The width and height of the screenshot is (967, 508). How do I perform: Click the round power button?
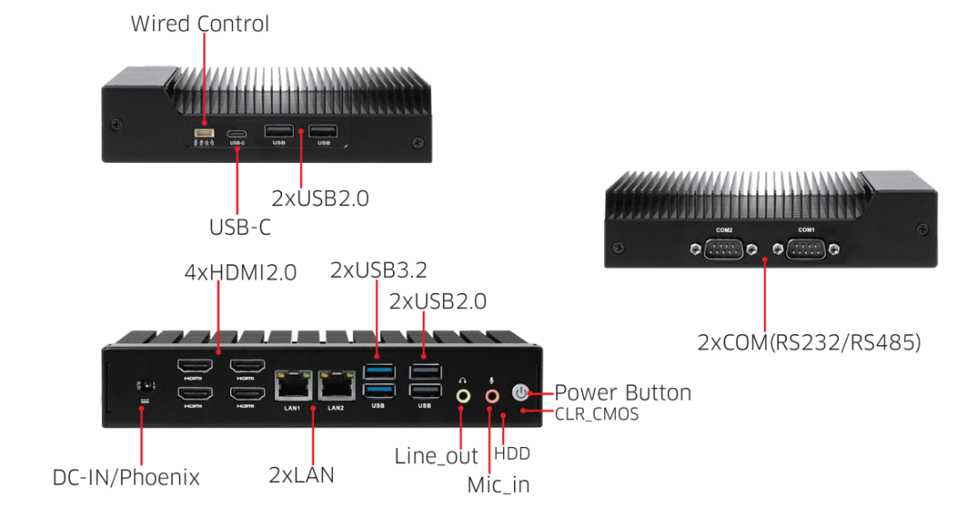click(521, 392)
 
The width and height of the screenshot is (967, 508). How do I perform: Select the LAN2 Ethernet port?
click(335, 387)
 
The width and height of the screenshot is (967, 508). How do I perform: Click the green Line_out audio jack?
click(463, 395)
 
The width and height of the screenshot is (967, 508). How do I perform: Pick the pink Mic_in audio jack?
click(491, 395)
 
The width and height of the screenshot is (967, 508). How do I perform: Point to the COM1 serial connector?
click(806, 249)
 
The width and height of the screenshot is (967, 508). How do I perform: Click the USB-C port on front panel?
click(237, 133)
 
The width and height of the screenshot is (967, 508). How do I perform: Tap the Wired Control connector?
click(204, 133)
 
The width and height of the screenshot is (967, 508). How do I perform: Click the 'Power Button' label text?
click(622, 392)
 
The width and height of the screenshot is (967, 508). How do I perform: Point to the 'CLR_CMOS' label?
click(596, 414)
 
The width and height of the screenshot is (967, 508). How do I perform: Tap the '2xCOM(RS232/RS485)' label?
click(809, 342)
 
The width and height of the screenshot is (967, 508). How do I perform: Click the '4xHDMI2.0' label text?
click(240, 271)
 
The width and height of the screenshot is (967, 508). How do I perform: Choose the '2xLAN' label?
click(302, 474)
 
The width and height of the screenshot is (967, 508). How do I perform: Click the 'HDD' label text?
click(512, 453)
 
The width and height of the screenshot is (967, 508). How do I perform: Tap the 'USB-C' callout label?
click(240, 228)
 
